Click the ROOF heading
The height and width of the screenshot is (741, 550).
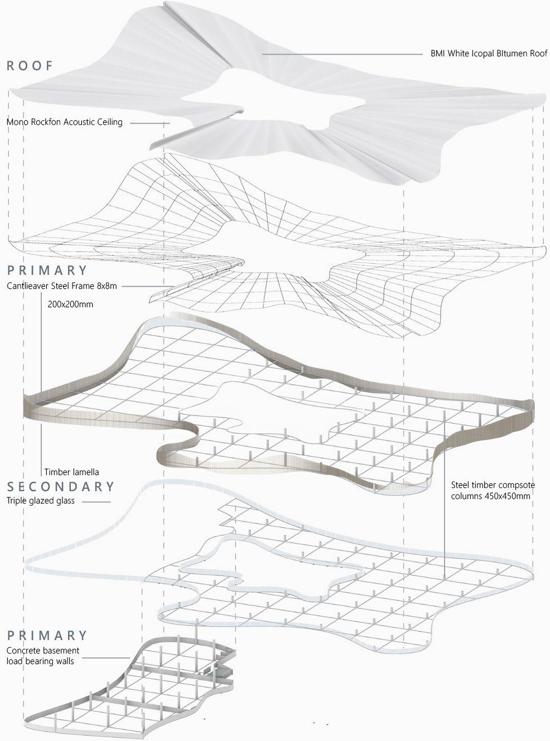coord(30,66)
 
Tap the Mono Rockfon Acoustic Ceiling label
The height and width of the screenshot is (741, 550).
coord(65,122)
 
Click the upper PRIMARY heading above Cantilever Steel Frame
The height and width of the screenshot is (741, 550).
coord(47,271)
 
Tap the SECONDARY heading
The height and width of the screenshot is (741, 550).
coord(61,487)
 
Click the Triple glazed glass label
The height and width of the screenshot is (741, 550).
coord(41,501)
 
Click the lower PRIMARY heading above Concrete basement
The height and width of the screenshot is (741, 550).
coord(47,636)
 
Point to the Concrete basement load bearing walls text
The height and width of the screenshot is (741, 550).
coord(43,656)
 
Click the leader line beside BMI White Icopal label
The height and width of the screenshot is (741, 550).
coord(341,54)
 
